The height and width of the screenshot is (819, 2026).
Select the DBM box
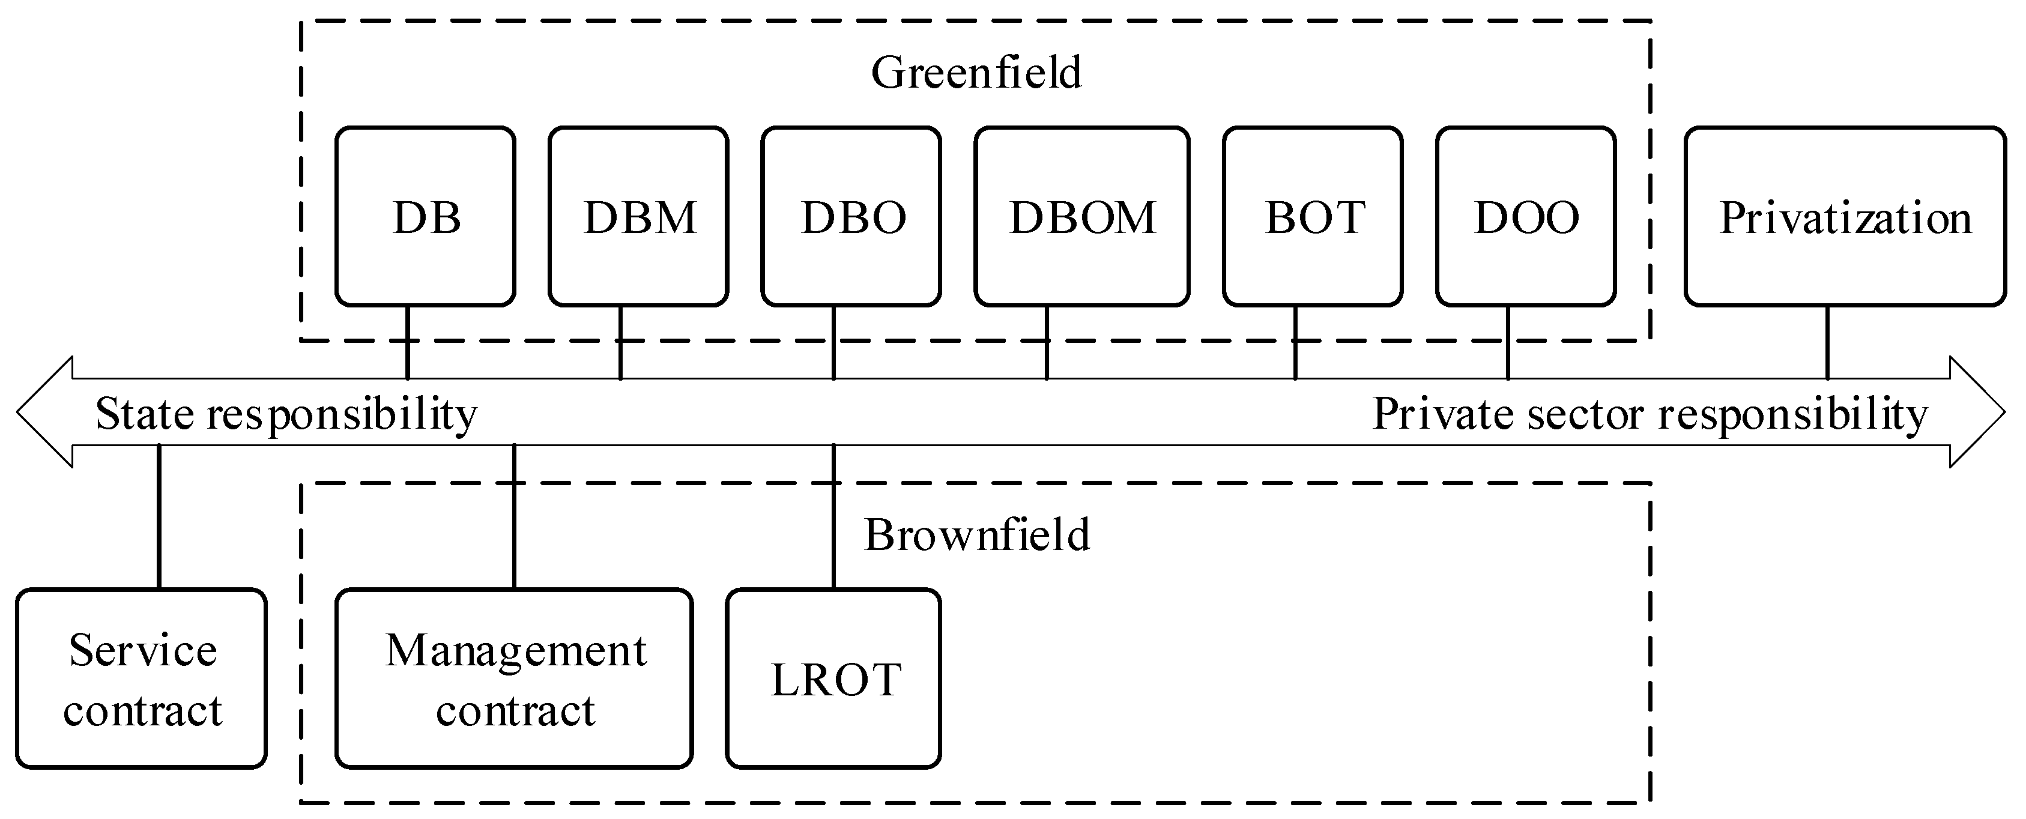coord(639,216)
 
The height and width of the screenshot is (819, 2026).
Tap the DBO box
coord(851,216)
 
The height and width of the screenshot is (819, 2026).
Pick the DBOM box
coord(1081,216)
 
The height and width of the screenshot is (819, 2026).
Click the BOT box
coord(1313,216)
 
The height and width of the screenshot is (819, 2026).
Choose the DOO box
coord(1526,216)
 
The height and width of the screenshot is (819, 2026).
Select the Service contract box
coord(142,678)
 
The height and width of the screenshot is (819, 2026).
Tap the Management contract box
coord(515,678)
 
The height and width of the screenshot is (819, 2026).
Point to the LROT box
coord(833,678)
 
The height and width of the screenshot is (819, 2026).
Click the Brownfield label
coord(977,535)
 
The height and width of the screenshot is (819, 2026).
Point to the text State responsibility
coord(286,414)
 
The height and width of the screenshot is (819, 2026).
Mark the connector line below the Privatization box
coord(1827,342)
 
